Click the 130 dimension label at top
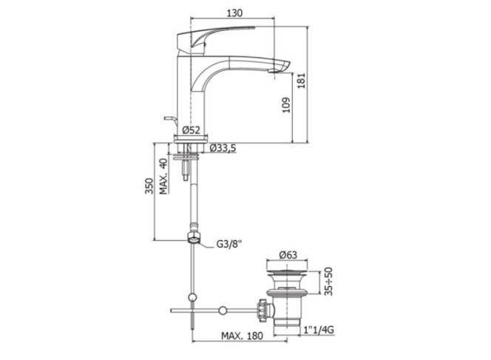pos(234,13)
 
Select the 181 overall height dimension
pos(301,81)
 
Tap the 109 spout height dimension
pos(286,105)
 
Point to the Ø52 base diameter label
pos(191,130)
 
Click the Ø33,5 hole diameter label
pos(223,148)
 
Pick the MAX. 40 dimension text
pos(163,176)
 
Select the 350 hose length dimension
pos(149,186)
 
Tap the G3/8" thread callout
pos(229,244)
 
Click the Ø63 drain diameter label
pos(288,255)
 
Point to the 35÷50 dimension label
pos(328,282)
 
